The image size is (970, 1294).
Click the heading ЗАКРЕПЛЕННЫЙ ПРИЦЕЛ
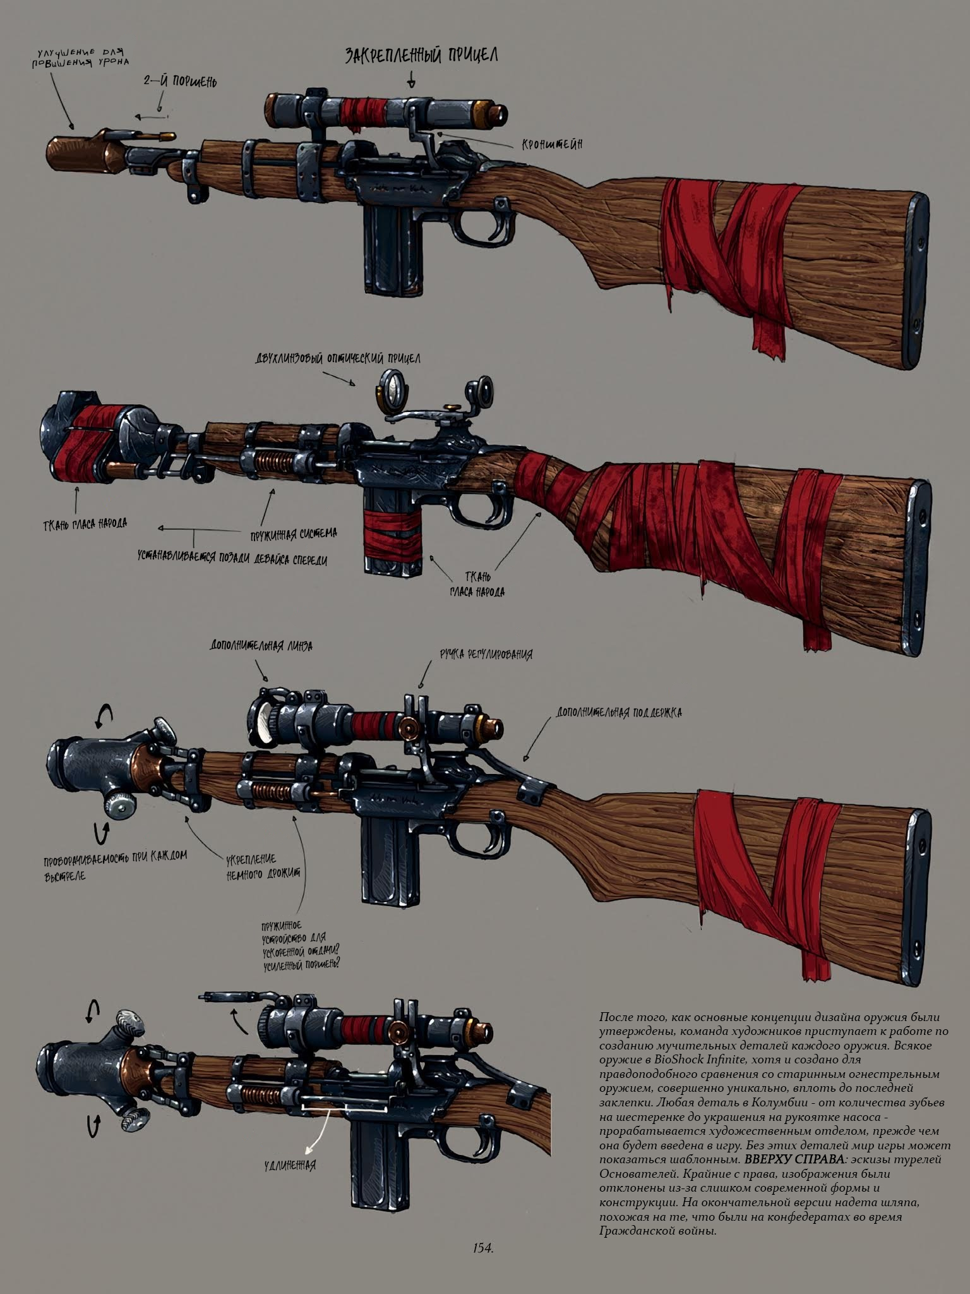tap(421, 56)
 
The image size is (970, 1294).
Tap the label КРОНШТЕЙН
tap(551, 145)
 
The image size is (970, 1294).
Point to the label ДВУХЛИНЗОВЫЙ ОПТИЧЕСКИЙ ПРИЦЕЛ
tap(338, 358)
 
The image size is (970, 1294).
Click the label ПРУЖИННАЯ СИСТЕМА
tap(293, 535)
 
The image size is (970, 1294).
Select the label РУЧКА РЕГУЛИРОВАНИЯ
tap(486, 654)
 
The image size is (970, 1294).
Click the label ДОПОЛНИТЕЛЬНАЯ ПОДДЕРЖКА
tap(619, 713)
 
